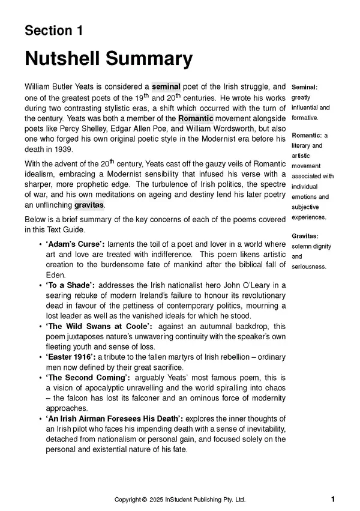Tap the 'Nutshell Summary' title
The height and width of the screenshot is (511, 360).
point(108,59)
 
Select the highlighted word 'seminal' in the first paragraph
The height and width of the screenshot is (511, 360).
point(166,87)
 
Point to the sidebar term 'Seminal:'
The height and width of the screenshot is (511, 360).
point(304,87)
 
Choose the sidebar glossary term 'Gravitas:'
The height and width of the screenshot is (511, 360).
point(305,235)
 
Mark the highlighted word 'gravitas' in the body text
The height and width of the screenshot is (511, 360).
point(89,205)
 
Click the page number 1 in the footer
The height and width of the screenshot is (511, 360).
point(333,499)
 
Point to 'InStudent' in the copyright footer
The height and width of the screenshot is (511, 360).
point(182,500)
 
